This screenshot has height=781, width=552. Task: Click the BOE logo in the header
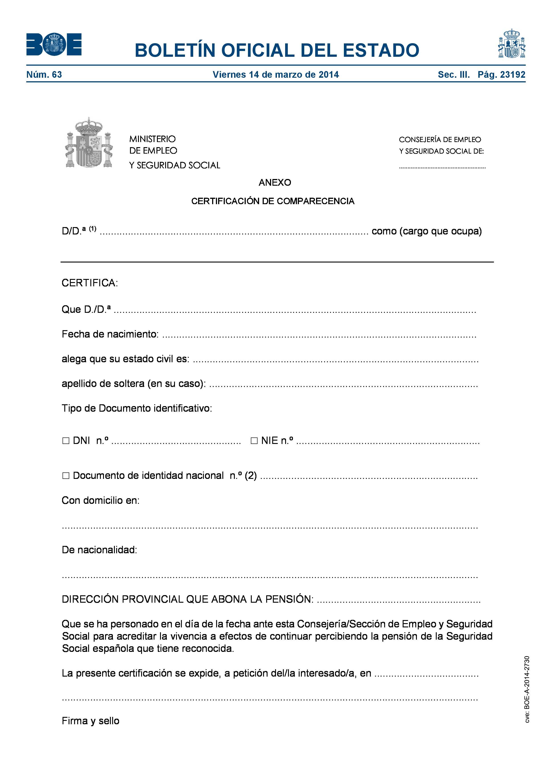pos(54,44)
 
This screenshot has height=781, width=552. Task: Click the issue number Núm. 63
pos(44,75)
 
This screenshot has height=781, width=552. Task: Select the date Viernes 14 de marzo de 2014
pos(276,75)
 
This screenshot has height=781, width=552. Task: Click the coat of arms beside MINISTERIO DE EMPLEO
pos(88,143)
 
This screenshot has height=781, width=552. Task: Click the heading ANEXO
pos(275,183)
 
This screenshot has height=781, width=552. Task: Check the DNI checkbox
pos(66,441)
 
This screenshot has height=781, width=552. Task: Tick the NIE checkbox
pos(254,441)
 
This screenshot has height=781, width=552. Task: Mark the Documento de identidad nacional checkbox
pos(66,476)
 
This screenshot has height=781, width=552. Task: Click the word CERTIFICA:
pos(89,283)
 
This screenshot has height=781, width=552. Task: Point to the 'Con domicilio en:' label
pos(100,500)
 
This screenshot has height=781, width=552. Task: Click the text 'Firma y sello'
pos(90,721)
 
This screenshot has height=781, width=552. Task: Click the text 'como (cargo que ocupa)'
pos(426,231)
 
